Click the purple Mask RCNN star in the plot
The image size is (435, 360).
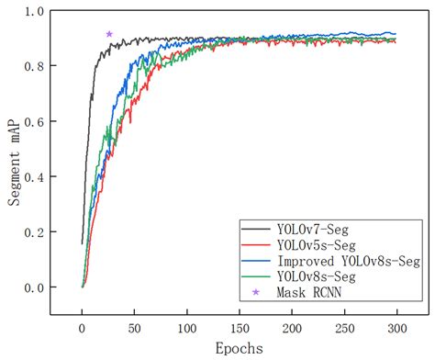pos(109,34)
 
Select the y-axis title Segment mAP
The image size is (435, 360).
pos(16,161)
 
